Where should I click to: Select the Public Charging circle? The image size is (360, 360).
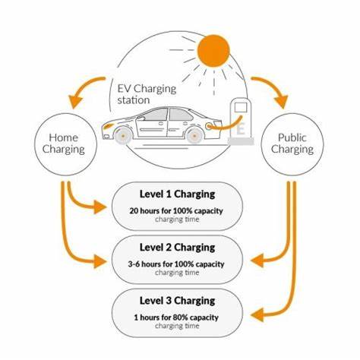tap(292, 142)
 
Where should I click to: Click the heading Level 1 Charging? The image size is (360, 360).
tap(178, 194)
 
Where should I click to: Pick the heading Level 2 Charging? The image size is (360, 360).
tap(178, 248)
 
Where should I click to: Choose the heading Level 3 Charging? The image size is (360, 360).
tap(178, 301)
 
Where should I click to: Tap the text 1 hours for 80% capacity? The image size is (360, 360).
tap(178, 317)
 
